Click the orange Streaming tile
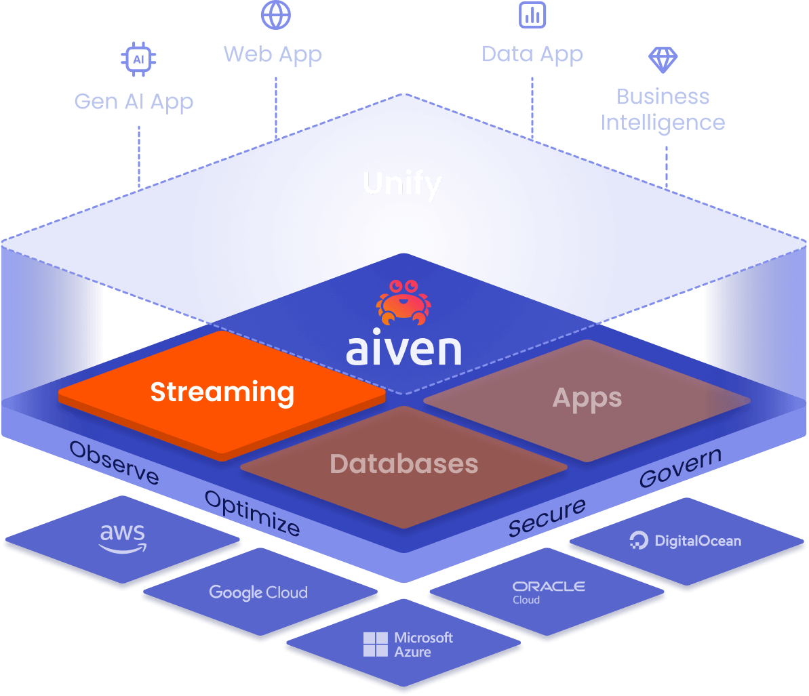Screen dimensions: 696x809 click(x=222, y=394)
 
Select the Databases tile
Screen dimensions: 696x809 click(x=404, y=465)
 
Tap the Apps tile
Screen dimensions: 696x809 click(x=587, y=398)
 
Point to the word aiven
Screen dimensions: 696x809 click(x=404, y=349)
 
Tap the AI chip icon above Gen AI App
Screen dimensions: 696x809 click(x=138, y=60)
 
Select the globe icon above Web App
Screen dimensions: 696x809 click(x=275, y=15)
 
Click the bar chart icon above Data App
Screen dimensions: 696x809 click(x=532, y=14)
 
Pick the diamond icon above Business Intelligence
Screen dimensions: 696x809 click(x=663, y=60)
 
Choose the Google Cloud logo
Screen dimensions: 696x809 click(x=258, y=592)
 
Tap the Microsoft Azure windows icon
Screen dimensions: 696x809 click(x=376, y=644)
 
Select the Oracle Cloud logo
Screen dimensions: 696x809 click(x=549, y=591)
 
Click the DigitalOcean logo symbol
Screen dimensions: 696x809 click(x=639, y=541)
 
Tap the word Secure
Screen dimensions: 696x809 click(x=547, y=516)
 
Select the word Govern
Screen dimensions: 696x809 click(x=680, y=467)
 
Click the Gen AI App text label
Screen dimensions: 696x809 click(x=134, y=102)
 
